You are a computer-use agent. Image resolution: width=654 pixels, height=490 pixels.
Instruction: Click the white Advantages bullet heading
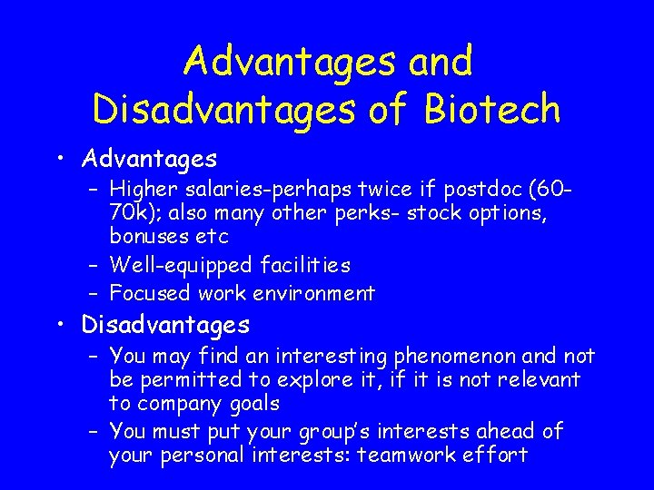coord(150,160)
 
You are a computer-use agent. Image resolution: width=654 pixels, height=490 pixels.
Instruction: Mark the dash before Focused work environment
coord(94,293)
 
